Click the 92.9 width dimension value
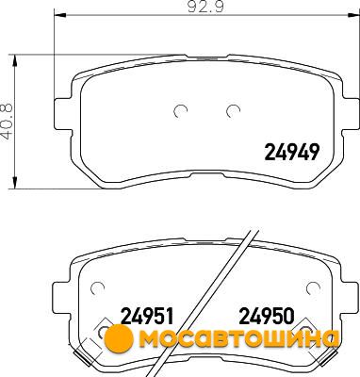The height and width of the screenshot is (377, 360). [205, 7]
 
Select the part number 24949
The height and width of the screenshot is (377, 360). [292, 152]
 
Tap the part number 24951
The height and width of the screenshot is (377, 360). [147, 316]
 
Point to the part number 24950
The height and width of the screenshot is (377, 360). [267, 316]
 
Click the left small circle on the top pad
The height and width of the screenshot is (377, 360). [181, 110]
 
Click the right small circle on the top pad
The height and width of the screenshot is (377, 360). [233, 110]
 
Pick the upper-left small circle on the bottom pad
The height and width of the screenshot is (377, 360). [97, 287]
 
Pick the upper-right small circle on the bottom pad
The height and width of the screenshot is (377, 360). [313, 287]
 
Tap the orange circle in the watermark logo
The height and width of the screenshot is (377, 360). [119, 338]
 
